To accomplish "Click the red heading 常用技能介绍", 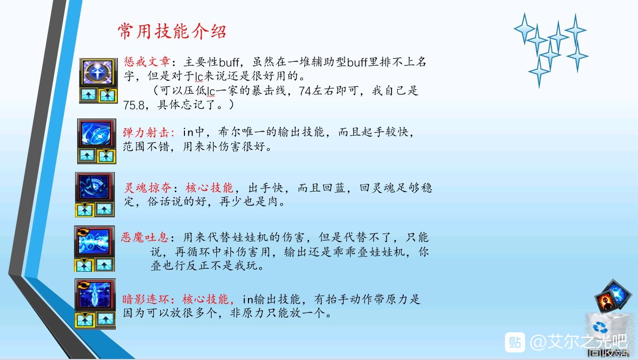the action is [172, 31].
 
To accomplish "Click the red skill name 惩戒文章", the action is [147, 62].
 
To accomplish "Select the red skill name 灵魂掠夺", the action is [148, 188].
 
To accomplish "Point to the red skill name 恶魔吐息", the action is [145, 237].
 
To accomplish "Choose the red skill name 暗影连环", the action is [146, 299].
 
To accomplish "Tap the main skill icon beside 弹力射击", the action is [97, 133].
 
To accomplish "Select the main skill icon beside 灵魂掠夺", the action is [95, 187].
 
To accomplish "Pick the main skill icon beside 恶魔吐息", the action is [94, 241].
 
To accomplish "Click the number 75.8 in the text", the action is [134, 105].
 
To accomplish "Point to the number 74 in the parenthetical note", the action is [305, 91].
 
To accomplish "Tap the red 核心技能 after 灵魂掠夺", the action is [209, 188].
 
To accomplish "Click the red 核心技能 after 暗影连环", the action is [206, 299].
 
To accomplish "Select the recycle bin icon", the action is [607, 331].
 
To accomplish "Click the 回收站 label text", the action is [608, 353].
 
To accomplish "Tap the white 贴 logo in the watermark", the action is [515, 342].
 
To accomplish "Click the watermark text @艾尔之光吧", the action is [578, 342].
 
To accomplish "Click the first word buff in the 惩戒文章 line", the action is [229, 62].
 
